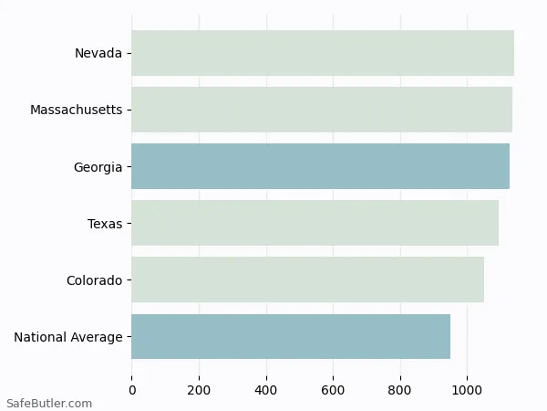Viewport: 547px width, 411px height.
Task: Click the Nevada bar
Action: (322, 53)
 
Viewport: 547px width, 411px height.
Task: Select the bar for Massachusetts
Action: (321, 110)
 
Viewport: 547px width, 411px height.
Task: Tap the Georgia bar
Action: (320, 166)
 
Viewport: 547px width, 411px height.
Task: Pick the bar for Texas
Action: (315, 223)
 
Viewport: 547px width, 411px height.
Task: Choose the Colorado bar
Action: (307, 279)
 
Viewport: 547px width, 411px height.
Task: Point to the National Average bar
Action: (290, 336)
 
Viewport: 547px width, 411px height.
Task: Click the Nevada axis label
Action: (98, 53)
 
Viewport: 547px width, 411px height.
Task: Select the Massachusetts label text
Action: (76, 110)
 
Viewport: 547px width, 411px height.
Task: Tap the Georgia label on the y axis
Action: (98, 166)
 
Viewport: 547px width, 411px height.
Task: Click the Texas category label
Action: (105, 223)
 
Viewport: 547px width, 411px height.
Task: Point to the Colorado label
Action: (94, 279)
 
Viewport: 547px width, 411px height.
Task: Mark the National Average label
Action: (68, 337)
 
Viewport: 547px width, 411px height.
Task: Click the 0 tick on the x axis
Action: (132, 391)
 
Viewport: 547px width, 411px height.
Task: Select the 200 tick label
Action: (199, 391)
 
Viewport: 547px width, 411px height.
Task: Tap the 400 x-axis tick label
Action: (266, 391)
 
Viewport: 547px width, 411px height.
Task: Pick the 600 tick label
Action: (333, 391)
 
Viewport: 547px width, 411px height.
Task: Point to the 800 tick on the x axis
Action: (400, 391)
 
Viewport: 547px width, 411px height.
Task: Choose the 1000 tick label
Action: (467, 391)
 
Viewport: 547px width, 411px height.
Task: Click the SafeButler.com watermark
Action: (49, 403)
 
